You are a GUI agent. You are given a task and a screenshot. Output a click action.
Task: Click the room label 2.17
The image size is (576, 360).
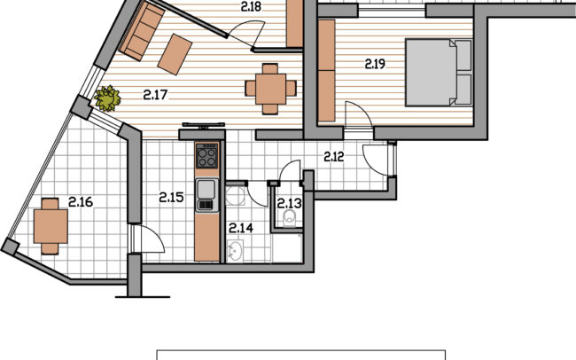click(x=155, y=95)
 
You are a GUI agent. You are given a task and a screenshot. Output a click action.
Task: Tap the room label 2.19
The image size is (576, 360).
click(x=375, y=64)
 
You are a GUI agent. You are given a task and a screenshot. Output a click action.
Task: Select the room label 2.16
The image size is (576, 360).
click(x=81, y=202)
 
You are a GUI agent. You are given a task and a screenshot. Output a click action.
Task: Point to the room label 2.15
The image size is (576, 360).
click(x=171, y=198)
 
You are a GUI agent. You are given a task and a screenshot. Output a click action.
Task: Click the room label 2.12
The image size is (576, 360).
click(x=334, y=157)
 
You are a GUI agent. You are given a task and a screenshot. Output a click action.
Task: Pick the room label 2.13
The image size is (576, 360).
click(x=289, y=203)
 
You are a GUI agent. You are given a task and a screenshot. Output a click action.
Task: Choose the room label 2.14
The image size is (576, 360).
click(x=241, y=229)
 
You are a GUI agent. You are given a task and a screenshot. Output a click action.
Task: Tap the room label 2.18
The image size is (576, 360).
click(x=252, y=6)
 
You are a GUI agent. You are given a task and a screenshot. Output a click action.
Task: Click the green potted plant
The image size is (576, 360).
click(x=107, y=98)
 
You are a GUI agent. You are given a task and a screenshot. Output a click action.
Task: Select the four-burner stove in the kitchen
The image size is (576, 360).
click(x=206, y=156)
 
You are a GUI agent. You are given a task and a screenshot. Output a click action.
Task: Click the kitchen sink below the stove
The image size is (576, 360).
click(x=206, y=195)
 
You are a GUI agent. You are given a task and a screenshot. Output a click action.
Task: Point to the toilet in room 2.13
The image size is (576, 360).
click(x=290, y=218)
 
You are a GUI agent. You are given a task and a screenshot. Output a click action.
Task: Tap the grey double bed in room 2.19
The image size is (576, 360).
click(x=439, y=73)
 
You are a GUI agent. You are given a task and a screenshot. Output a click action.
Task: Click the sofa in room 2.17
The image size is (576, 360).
click(x=142, y=31)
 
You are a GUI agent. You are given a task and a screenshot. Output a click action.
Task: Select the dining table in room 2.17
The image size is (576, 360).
click(x=271, y=89)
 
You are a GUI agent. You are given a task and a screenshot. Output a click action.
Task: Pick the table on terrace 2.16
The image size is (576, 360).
click(x=51, y=226)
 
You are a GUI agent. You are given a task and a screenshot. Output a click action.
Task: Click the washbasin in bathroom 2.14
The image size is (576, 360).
click(x=235, y=251)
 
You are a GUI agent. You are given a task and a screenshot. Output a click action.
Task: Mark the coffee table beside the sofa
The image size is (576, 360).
click(x=175, y=54)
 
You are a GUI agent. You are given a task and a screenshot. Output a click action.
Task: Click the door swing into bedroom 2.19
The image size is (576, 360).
click(x=359, y=114)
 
